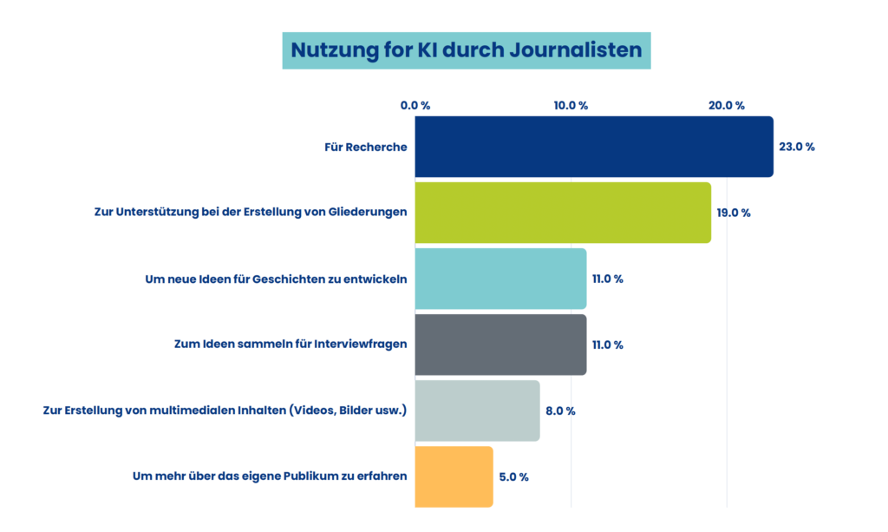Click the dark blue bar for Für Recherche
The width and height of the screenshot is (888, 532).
[594, 147]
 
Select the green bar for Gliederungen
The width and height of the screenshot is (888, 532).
[563, 213]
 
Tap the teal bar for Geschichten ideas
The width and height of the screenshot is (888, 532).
[500, 279]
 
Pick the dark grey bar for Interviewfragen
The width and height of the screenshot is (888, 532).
[500, 345]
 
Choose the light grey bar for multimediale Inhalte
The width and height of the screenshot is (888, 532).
[477, 410]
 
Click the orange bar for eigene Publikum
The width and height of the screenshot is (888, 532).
[454, 476]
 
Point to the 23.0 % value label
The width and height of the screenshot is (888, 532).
[796, 147]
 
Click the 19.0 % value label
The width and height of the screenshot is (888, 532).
[734, 213]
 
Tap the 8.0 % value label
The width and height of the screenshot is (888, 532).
[560, 410]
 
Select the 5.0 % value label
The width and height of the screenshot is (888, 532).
[513, 476]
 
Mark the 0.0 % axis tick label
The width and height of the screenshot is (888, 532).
[415, 106]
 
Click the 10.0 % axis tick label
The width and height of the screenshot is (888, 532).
[571, 106]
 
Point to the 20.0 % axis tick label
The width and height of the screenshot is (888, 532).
[727, 106]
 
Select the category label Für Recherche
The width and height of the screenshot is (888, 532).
[365, 147]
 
